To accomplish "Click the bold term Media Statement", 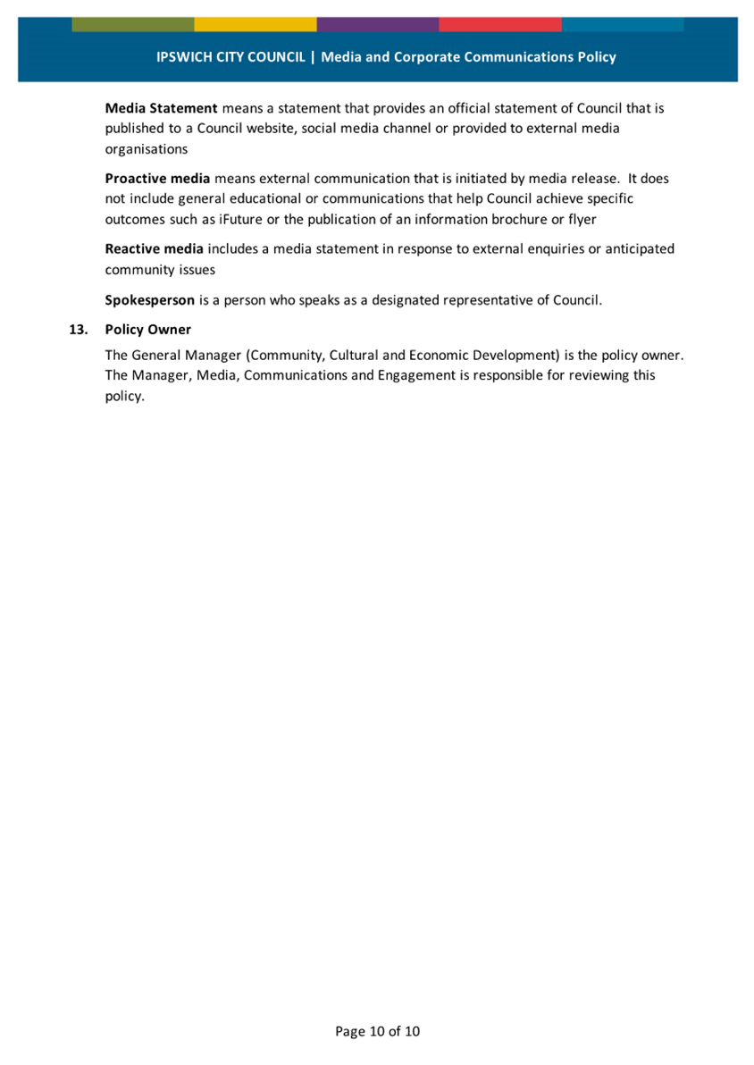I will [x=161, y=108].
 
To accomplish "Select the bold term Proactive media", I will [x=157, y=179].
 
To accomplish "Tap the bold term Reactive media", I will [x=155, y=248].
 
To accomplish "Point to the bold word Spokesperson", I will [x=149, y=300].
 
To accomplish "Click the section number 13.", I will [x=79, y=330].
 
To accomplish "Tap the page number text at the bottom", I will [x=377, y=1031].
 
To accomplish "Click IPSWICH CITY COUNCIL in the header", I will [x=230, y=57].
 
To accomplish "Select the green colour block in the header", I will [x=132, y=24].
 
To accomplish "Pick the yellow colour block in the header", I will [x=255, y=24].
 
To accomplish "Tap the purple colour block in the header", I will [x=377, y=24].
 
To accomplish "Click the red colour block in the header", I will [x=499, y=24].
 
